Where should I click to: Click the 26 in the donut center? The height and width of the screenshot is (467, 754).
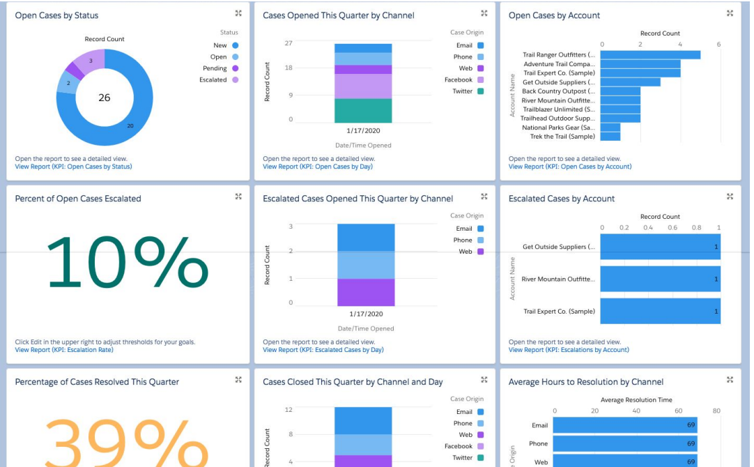click(x=104, y=98)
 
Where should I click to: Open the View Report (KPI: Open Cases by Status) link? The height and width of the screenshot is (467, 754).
click(x=73, y=167)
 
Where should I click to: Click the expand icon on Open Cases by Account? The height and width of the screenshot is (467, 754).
click(x=730, y=13)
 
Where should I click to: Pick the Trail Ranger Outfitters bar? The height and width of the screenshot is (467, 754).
click(x=649, y=54)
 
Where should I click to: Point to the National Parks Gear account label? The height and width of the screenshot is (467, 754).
click(x=558, y=128)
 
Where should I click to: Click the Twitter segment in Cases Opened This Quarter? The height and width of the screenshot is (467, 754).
click(x=363, y=111)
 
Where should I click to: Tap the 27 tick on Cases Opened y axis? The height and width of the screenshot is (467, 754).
click(x=288, y=43)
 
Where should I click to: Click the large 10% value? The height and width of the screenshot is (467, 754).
click(x=128, y=263)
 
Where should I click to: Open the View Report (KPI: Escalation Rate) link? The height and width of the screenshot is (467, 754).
click(x=63, y=350)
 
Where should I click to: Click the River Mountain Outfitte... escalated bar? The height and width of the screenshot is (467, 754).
click(x=660, y=279)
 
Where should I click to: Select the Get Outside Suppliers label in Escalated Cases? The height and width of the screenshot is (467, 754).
click(x=558, y=247)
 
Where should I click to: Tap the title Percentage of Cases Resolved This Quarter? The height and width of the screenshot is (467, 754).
click(x=97, y=382)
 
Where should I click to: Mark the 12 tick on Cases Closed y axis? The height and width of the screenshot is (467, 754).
click(x=288, y=409)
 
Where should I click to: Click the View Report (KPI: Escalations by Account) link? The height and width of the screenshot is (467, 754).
click(x=569, y=350)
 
